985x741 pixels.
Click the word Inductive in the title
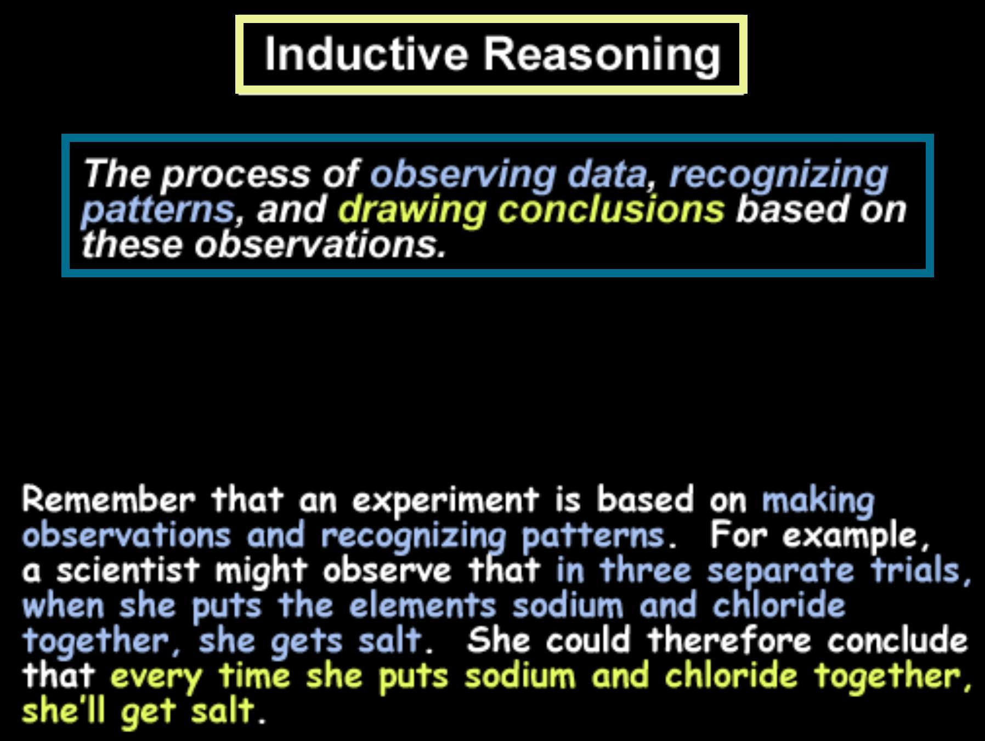point(366,54)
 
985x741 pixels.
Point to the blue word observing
point(463,175)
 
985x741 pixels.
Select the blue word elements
point(423,605)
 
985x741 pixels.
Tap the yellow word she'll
point(64,711)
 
